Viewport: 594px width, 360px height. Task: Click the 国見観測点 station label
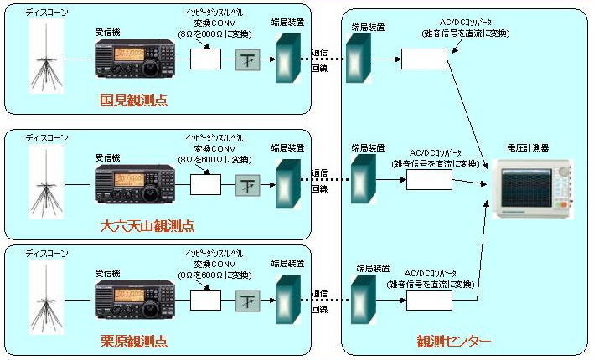click(x=133, y=100)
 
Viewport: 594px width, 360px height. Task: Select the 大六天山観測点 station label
click(x=147, y=226)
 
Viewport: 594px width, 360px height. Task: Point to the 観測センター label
click(x=454, y=342)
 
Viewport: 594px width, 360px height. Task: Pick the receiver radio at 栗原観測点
click(x=134, y=299)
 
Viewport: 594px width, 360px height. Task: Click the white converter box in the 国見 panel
click(x=206, y=59)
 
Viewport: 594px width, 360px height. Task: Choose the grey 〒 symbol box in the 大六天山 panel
click(x=248, y=183)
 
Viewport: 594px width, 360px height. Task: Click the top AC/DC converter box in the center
click(x=424, y=59)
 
